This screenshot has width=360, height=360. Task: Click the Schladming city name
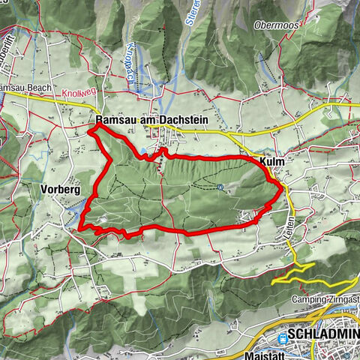pyautogui.click(x=323, y=334)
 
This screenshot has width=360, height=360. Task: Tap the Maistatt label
pyautogui.click(x=262, y=353)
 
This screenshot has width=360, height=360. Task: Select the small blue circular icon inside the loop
pyautogui.click(x=219, y=187)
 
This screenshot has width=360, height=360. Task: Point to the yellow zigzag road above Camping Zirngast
pyautogui.click(x=296, y=269)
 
